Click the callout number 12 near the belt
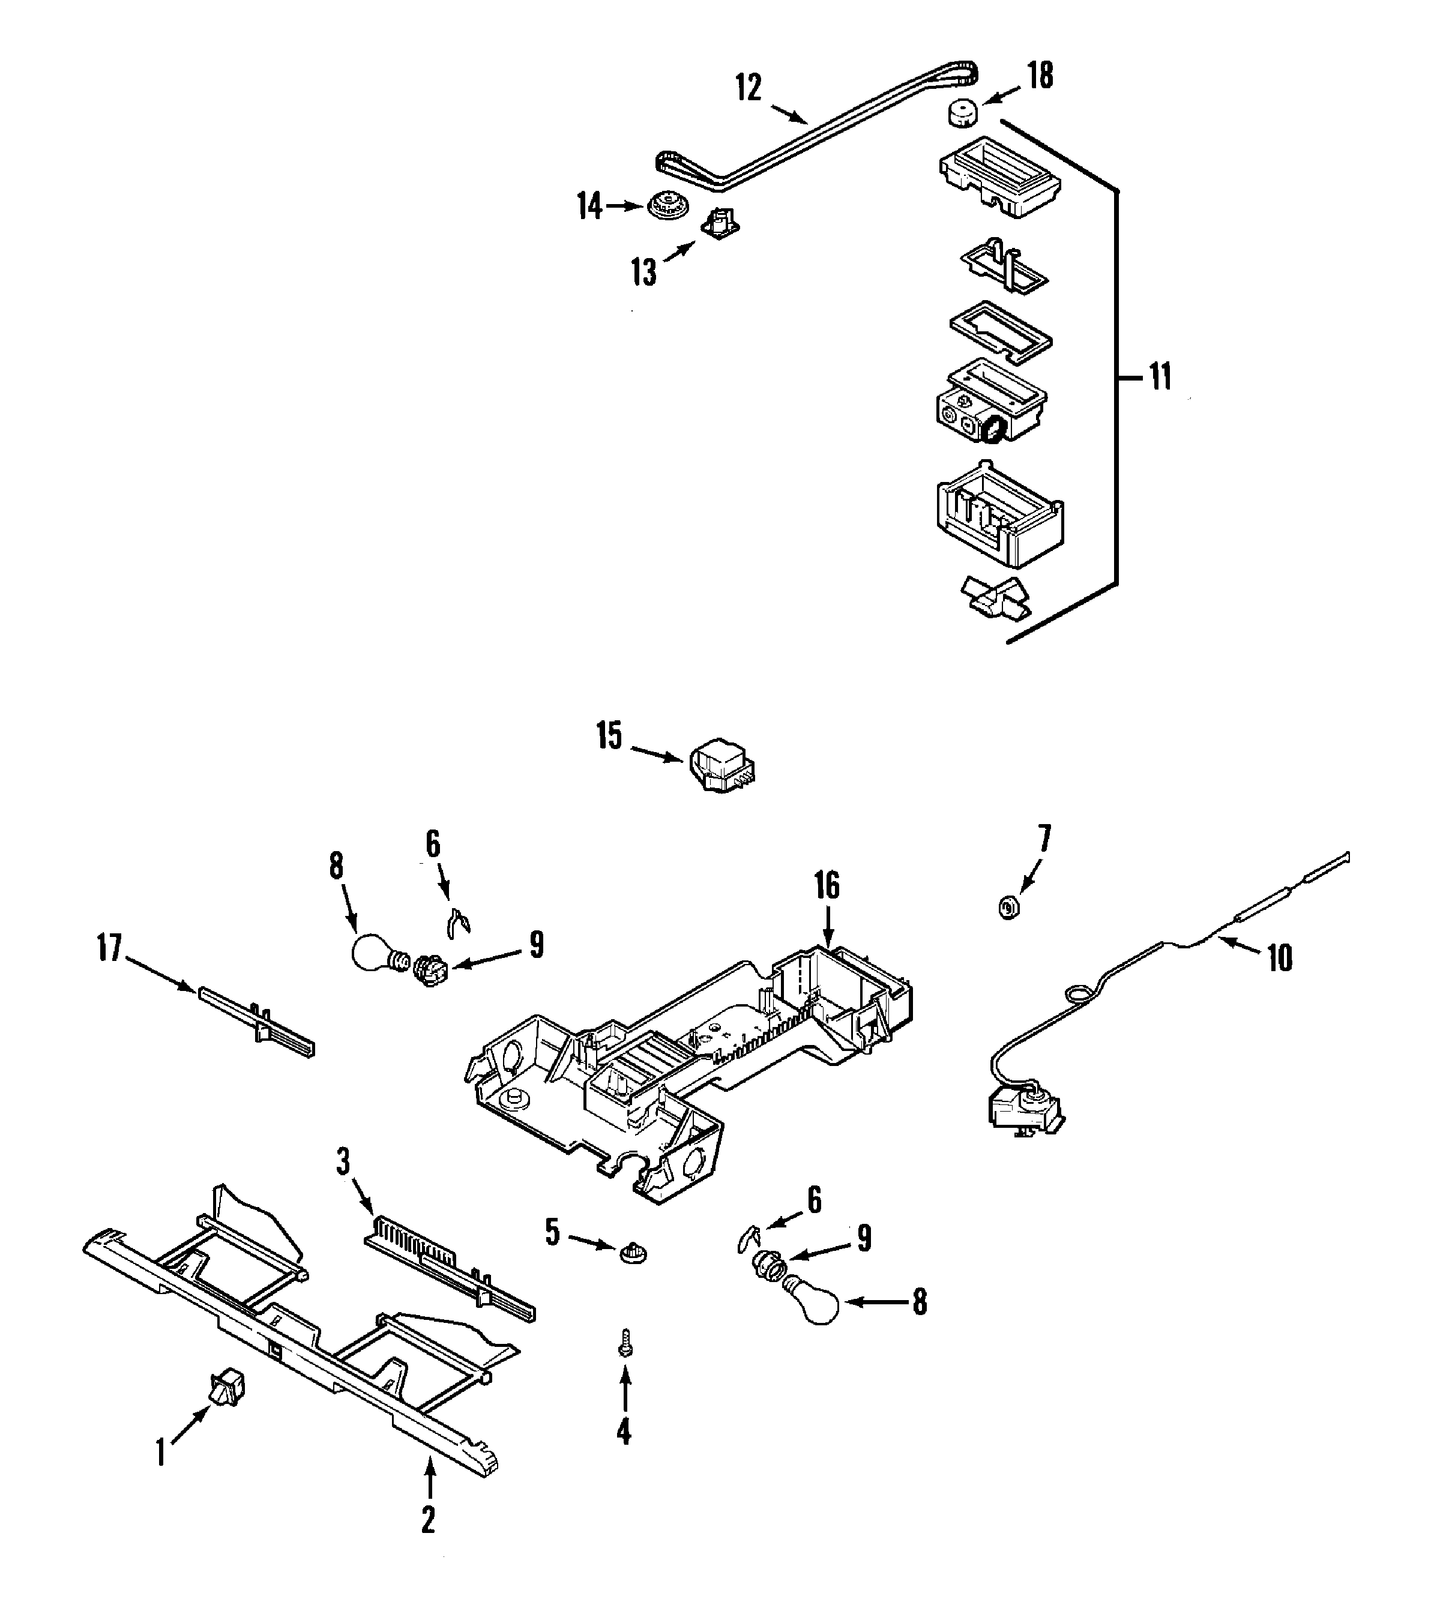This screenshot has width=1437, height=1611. point(749,88)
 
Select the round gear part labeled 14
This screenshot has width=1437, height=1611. point(668,207)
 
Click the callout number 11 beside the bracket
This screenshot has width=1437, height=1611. point(1159,378)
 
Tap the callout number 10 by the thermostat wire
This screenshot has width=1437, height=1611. point(1280,958)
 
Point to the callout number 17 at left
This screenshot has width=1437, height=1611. point(110,948)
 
